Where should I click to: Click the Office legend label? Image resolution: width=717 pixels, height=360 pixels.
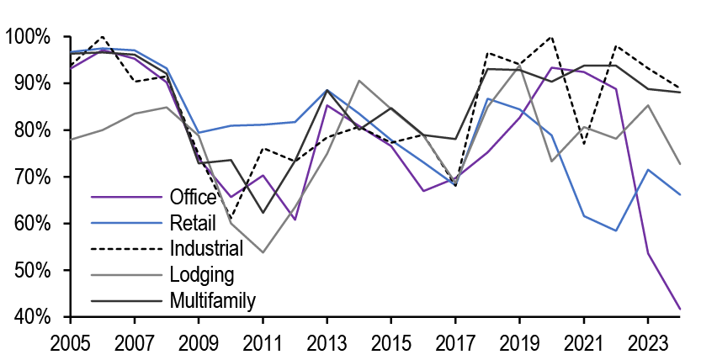[x=193, y=199]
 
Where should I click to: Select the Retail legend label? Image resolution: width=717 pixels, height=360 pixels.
[x=192, y=223]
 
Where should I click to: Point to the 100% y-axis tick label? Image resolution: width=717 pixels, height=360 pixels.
[x=29, y=37]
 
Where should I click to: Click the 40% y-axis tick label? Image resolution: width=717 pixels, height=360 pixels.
[x=33, y=317]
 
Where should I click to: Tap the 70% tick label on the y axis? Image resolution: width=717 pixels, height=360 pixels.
[x=33, y=177]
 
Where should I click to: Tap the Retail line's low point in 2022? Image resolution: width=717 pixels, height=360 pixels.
[x=616, y=230]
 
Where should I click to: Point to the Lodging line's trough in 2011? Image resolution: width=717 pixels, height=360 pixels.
[x=263, y=252]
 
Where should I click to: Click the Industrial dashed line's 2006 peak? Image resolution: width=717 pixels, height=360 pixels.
[x=103, y=37]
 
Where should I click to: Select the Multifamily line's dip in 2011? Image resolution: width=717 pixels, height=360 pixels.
[x=263, y=213]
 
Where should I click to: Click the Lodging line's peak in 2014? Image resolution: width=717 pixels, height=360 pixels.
[x=359, y=81]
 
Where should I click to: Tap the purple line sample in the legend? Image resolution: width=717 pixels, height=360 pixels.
[x=125, y=199]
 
